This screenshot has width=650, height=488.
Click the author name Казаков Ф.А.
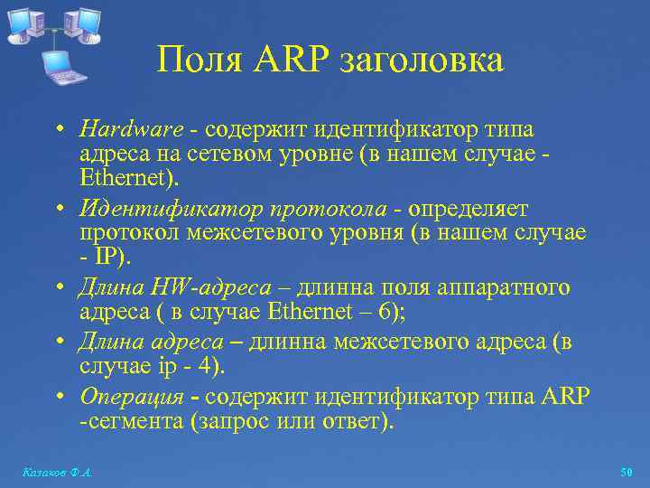(x=57, y=473)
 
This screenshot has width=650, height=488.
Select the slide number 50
(x=627, y=473)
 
